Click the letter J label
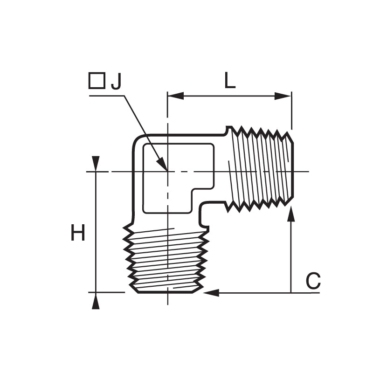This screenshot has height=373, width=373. (x=116, y=81)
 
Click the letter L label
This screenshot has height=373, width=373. (x=230, y=80)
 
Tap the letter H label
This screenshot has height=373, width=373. (x=78, y=232)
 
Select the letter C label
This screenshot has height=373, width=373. (x=313, y=281)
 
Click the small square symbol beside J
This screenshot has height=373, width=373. (x=97, y=81)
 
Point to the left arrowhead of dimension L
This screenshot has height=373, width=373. (x=176, y=96)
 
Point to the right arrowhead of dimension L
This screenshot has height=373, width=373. (x=283, y=96)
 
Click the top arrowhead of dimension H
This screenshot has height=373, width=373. (x=96, y=164)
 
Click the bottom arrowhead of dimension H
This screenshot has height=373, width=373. (x=96, y=301)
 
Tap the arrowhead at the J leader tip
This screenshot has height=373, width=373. (x=162, y=164)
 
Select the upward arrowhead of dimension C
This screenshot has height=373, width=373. (x=291, y=214)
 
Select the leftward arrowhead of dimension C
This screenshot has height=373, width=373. (x=211, y=293)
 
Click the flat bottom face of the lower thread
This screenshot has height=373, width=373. (x=166, y=292)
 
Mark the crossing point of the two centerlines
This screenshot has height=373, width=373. (x=168, y=171)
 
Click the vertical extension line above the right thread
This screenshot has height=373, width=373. (x=292, y=111)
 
